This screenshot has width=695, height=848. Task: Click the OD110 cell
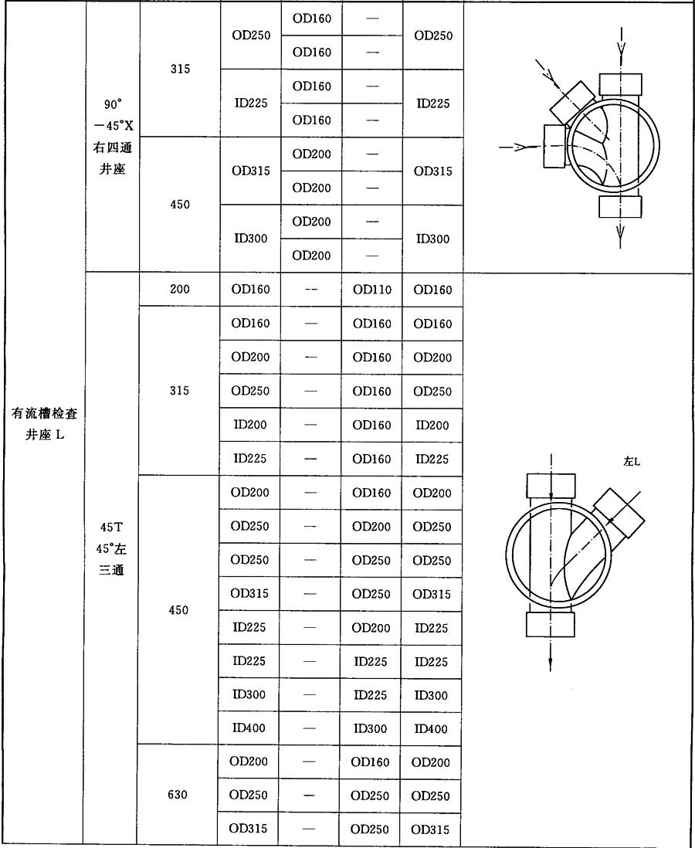point(371,290)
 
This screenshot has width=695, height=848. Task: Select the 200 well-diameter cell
point(178,290)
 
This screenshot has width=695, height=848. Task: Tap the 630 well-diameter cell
point(178,795)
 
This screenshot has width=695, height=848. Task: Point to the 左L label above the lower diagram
point(632,461)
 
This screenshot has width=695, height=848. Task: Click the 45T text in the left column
point(112,527)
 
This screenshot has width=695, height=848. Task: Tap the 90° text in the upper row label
point(113,103)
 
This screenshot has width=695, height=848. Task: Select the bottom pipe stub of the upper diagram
point(620,206)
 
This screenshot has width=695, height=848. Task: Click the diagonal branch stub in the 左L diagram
point(619,512)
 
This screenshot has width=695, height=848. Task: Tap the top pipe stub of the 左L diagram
point(550,486)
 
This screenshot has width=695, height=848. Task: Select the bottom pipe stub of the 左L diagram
point(550,624)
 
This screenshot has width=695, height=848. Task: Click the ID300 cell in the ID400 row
point(371,728)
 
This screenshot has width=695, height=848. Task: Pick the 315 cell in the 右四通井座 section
point(179,70)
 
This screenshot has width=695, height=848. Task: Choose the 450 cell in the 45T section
point(178,610)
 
